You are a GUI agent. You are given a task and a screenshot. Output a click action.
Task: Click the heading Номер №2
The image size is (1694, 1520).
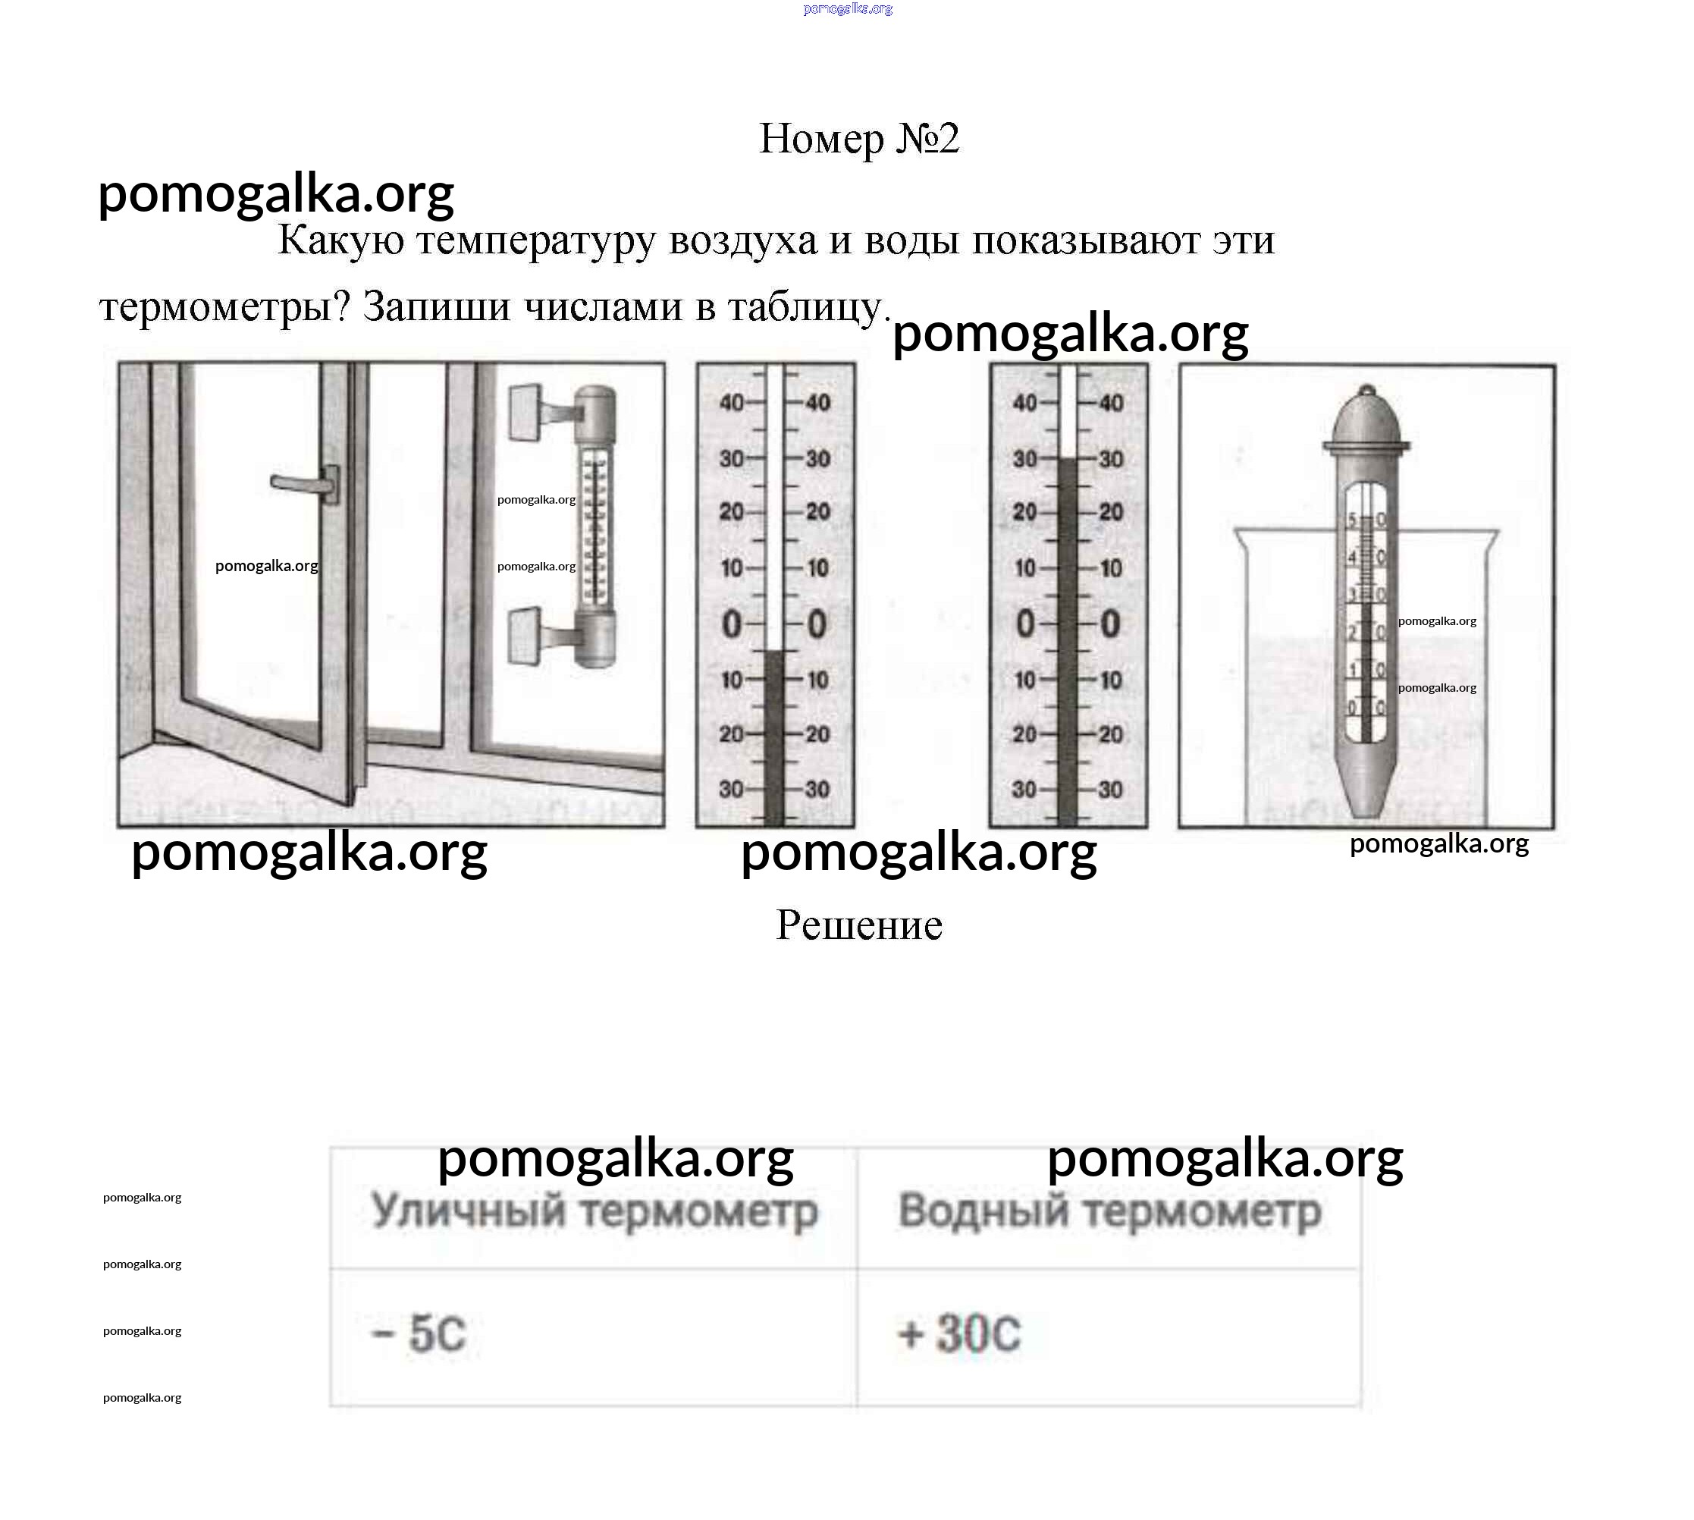tap(858, 139)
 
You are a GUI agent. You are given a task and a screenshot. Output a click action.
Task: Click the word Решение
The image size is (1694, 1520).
tap(858, 925)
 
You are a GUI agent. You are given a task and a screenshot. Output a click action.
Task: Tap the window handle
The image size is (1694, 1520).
tap(305, 485)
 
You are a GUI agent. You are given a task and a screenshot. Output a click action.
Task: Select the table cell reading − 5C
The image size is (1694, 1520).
tap(593, 1333)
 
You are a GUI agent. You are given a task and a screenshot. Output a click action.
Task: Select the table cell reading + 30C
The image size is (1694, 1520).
tap(1109, 1333)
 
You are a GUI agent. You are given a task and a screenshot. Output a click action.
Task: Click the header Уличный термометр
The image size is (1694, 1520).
tap(594, 1211)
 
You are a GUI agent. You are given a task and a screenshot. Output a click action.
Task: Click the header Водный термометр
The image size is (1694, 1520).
tap(1109, 1211)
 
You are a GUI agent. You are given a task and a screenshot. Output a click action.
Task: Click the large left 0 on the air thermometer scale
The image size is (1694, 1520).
tap(732, 624)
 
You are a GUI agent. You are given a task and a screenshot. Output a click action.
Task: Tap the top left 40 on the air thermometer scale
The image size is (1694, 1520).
tap(732, 404)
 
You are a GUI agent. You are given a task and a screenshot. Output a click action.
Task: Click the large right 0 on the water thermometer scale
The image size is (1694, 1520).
tap(1109, 624)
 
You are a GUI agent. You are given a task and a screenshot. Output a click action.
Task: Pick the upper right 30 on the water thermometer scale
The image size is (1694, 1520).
tap(1109, 460)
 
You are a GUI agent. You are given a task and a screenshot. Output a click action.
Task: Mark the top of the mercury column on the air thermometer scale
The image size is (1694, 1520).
tap(775, 652)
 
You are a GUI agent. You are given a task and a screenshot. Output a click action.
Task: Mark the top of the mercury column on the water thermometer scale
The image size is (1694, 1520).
tap(1067, 460)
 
